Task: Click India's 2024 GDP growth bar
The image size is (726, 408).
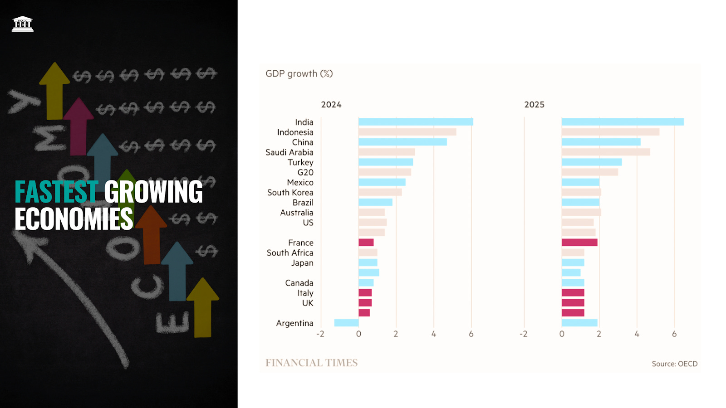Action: [x=416, y=122]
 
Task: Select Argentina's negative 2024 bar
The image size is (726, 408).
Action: [x=346, y=323]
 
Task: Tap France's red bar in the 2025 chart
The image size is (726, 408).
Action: [x=579, y=242]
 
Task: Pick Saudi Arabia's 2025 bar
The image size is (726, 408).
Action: [x=606, y=152]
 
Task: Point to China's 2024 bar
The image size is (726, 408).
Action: [x=402, y=142]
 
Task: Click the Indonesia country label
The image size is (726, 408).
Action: [x=295, y=132]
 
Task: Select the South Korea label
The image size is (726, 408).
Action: [x=290, y=192]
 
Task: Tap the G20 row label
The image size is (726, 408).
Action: [x=305, y=172]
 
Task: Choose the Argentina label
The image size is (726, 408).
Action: [x=294, y=323]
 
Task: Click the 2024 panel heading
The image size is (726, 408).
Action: [x=331, y=105]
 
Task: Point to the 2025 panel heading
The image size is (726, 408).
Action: [x=535, y=105]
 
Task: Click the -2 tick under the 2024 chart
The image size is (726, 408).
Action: [x=320, y=334]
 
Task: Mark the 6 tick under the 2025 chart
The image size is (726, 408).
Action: [x=674, y=334]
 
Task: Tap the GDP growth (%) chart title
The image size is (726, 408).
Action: [x=299, y=74]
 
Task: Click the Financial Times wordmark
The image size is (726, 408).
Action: [x=311, y=363]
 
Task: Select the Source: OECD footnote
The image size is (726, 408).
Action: [x=674, y=364]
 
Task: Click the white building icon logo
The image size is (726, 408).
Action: [x=23, y=24]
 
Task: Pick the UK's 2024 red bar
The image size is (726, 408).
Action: [x=365, y=303]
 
